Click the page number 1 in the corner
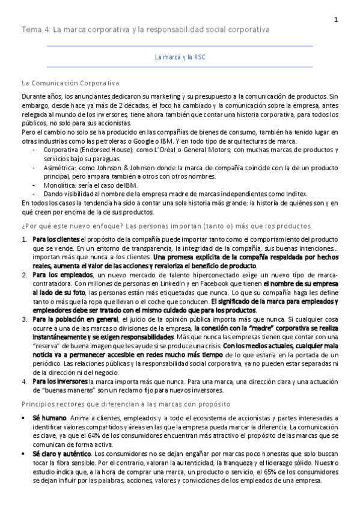pos(337,20)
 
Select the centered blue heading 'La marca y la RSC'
pos(180,58)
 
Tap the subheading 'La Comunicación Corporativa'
pos(70,82)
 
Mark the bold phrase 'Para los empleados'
pos(59,275)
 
